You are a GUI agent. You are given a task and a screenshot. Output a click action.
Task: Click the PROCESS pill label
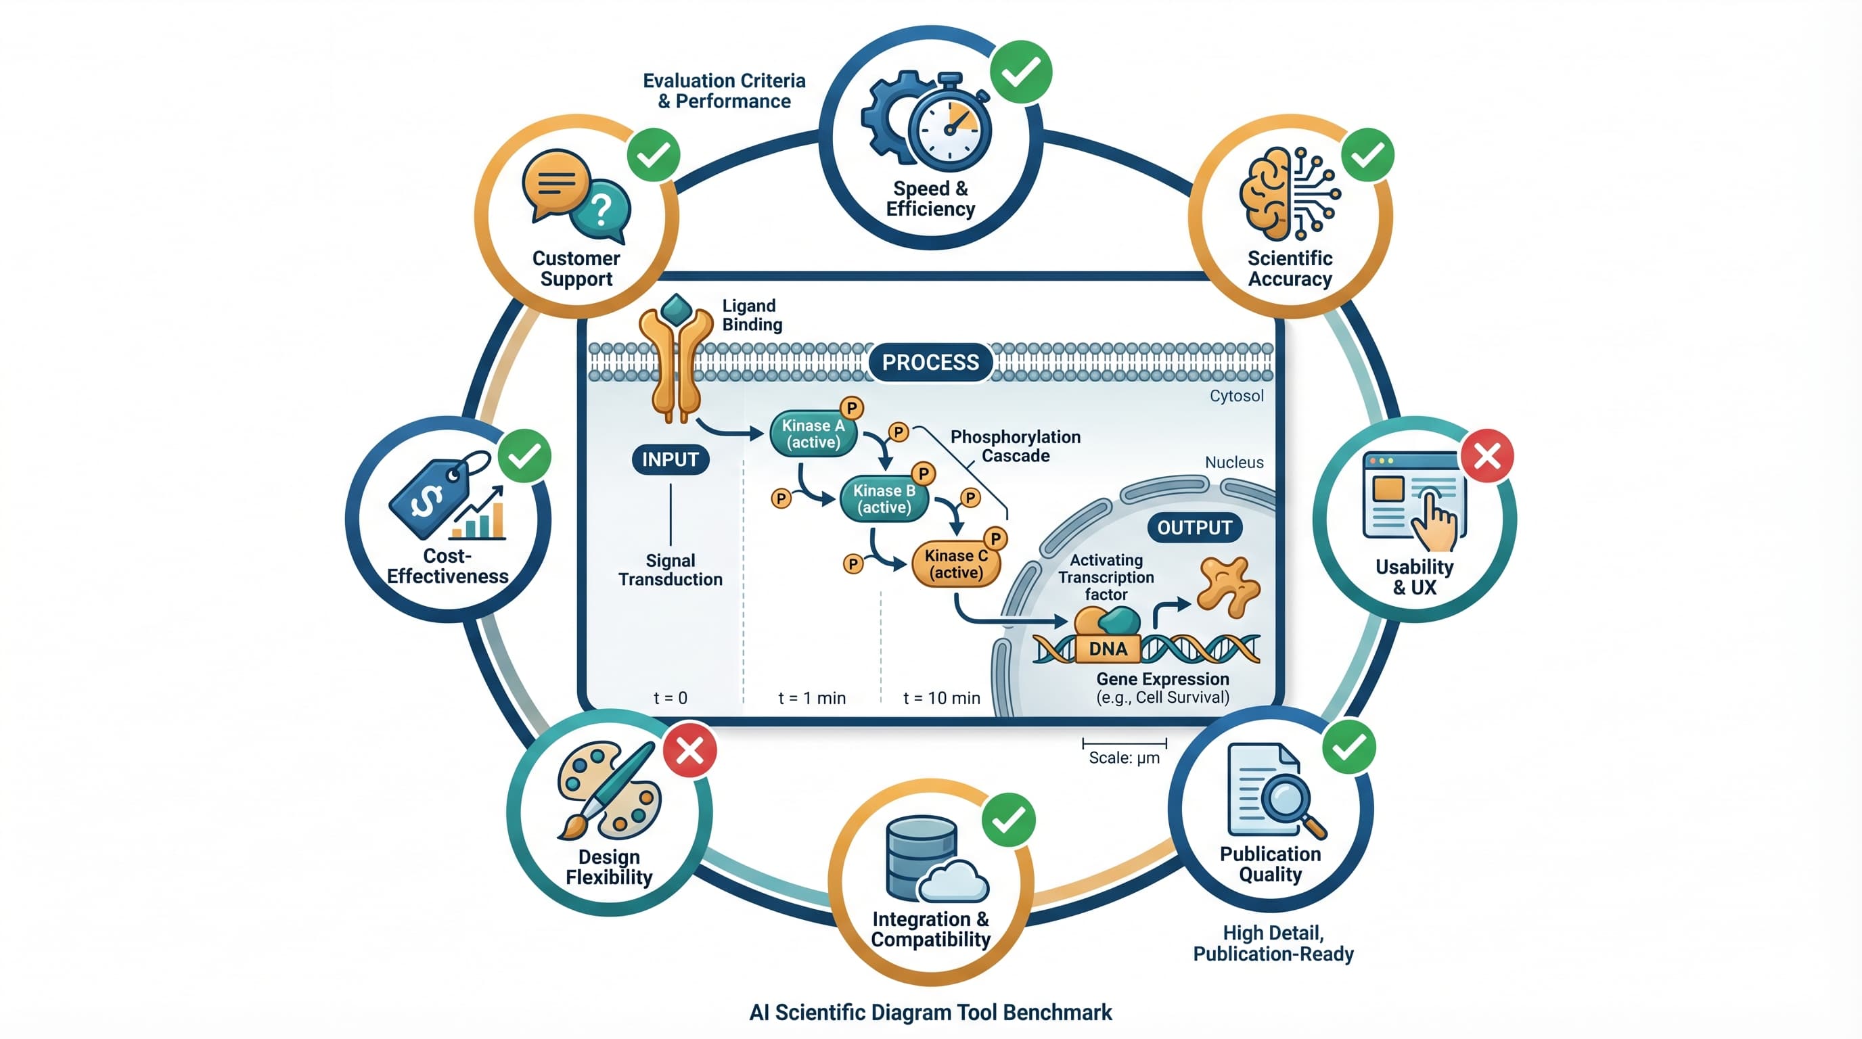[930, 362]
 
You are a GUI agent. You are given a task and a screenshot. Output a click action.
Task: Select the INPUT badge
[670, 459]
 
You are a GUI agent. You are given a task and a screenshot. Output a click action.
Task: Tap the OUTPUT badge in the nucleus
[1194, 528]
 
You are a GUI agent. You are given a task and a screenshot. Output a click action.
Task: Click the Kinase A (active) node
[813, 434]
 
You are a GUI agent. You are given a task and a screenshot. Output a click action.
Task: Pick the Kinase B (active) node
[884, 499]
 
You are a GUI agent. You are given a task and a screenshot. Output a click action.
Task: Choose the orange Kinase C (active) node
[955, 564]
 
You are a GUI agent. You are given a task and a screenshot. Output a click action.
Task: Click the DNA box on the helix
[1108, 649]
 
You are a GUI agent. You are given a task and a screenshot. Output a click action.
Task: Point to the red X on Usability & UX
[1487, 456]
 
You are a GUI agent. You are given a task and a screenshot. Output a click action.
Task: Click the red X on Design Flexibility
[689, 751]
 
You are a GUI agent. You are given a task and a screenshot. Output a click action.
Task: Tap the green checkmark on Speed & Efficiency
[1020, 72]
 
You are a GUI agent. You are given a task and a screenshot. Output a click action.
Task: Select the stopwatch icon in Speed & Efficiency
[950, 129]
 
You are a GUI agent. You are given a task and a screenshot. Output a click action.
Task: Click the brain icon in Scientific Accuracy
[1266, 193]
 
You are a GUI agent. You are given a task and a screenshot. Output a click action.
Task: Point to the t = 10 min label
[941, 698]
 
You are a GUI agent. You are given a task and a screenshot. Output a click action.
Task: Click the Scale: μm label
[1124, 758]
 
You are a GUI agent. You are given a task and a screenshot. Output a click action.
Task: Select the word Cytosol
[1236, 396]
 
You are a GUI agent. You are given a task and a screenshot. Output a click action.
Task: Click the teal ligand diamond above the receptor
[677, 309]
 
